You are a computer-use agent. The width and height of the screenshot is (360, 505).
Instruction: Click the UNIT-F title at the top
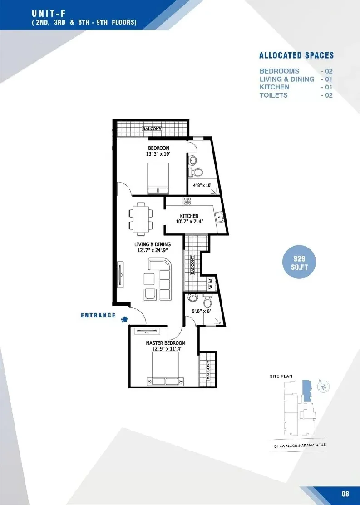click(x=49, y=14)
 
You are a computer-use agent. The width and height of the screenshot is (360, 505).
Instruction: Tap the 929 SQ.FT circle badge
click(x=299, y=262)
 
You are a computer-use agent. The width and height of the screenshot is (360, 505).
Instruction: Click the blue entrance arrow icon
click(x=124, y=319)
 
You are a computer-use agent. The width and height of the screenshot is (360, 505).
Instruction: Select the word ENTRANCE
click(x=98, y=315)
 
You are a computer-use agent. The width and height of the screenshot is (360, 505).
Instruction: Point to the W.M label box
click(x=211, y=283)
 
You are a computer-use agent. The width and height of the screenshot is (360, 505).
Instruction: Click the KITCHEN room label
click(x=189, y=216)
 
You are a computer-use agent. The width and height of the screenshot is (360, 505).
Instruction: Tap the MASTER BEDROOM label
click(x=166, y=343)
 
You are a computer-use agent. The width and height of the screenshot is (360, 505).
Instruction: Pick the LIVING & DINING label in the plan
click(x=153, y=244)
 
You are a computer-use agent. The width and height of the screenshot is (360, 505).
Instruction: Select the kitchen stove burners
click(x=188, y=201)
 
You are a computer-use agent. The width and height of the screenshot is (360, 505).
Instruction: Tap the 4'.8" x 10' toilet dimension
click(x=202, y=185)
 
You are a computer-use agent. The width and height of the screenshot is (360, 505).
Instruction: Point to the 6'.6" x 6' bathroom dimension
click(x=201, y=311)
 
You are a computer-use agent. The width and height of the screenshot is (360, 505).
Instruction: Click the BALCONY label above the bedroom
click(x=152, y=129)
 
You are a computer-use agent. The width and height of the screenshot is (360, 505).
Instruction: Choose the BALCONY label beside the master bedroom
click(x=208, y=370)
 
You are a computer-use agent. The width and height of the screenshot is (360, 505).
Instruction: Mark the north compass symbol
click(x=324, y=386)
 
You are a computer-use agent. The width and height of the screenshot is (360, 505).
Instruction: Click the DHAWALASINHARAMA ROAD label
click(x=300, y=446)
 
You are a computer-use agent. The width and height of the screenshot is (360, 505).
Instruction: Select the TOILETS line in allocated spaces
click(x=296, y=95)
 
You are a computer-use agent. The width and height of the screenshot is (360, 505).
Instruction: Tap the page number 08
click(x=345, y=494)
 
